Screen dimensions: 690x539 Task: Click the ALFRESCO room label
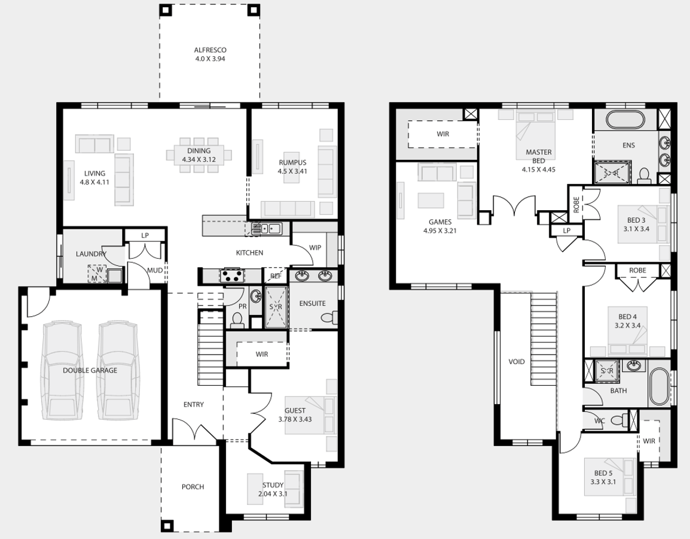pos(210,50)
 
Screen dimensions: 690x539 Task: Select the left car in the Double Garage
pos(62,371)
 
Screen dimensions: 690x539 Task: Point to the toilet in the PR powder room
pos(237,320)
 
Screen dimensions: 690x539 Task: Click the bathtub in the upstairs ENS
pos(625,119)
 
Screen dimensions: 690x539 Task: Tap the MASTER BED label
pos(539,156)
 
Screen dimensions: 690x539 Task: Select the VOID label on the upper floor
pos(517,362)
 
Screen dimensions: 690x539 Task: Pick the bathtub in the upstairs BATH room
pos(658,386)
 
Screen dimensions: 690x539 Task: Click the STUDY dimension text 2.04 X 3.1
pos(273,493)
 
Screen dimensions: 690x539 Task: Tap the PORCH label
pos(193,486)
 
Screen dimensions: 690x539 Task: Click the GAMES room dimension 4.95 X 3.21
pos(440,231)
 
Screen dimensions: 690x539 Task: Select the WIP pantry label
pos(315,248)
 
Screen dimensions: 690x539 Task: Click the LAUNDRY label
pos(91,254)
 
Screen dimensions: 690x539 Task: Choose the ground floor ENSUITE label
pos(313,303)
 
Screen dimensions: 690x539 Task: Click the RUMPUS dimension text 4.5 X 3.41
pos(292,171)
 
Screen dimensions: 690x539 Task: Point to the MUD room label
pos(155,270)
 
